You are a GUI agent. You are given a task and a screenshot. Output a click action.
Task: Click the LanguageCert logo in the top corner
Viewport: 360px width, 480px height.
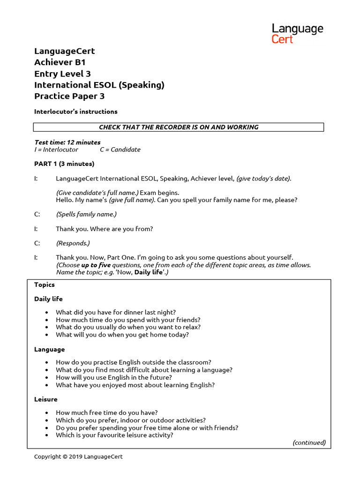[x=297, y=34]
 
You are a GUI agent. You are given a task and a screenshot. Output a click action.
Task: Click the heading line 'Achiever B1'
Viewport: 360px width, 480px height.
[x=60, y=62]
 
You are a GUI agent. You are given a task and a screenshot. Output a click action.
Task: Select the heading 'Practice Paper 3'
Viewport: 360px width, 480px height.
[x=69, y=96]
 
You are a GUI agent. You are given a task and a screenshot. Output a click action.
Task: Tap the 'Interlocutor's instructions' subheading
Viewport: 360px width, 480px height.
[x=75, y=112]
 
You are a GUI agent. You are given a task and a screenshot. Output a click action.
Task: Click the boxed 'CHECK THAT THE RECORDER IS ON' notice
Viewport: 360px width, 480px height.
[x=178, y=127]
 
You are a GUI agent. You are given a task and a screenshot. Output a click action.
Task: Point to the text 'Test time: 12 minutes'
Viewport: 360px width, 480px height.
[x=67, y=142]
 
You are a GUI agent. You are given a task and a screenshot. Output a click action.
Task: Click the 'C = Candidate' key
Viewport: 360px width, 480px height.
[x=120, y=150]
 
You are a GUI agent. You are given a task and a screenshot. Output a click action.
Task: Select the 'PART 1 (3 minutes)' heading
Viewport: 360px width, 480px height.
[x=64, y=164]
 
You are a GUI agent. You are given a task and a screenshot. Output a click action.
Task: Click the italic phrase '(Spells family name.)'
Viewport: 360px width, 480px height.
[x=86, y=214]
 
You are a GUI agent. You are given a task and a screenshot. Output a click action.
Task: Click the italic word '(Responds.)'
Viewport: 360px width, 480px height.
[x=73, y=243]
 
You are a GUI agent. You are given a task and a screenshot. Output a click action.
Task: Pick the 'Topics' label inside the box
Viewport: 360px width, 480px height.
[x=45, y=285]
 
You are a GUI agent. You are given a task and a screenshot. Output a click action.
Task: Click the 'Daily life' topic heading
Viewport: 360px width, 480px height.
[x=48, y=299]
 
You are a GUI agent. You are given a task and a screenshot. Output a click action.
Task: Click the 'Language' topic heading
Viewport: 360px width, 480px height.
[x=49, y=349]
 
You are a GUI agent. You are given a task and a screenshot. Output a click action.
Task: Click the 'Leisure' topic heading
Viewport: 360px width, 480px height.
[x=46, y=399]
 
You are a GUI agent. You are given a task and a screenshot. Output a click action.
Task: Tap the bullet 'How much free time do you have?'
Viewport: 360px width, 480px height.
[x=107, y=413]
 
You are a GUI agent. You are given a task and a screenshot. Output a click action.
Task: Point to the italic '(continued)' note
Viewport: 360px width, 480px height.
[x=309, y=442]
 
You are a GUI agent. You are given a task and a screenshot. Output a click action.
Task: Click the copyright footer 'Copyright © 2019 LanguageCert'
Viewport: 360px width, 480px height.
[x=78, y=457]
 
